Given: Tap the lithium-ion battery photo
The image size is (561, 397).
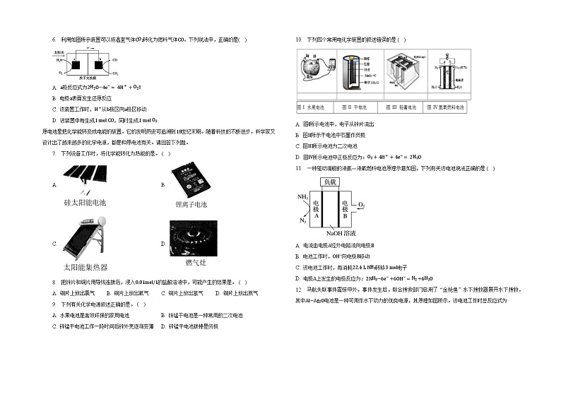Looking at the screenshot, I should tap(189, 179).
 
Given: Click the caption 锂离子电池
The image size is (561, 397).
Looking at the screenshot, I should tap(191, 204).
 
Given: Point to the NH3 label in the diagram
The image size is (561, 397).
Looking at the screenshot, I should tap(302, 197).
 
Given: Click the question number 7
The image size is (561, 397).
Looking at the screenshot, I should tap(54, 153).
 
